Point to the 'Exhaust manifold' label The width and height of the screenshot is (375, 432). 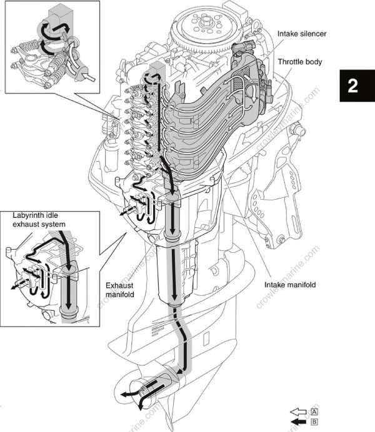click(x=119, y=288)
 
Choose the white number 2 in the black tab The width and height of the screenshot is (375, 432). click(x=353, y=86)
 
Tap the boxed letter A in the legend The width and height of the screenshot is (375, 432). click(x=314, y=411)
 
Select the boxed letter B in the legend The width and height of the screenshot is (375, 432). click(x=314, y=422)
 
